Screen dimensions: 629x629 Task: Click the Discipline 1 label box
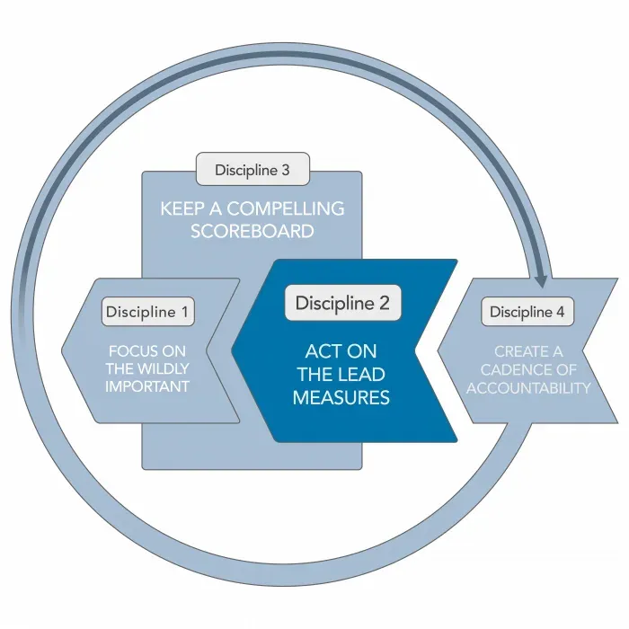pos(148,312)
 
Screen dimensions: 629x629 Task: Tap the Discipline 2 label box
pos(343,303)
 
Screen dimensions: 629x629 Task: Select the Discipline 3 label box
pos(252,169)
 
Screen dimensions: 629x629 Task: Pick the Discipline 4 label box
pos(527,312)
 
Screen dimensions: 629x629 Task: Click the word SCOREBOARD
pos(252,231)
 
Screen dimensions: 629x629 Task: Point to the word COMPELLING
pos(286,208)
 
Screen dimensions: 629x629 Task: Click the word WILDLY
pos(164,368)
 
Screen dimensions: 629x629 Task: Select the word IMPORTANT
pos(147,386)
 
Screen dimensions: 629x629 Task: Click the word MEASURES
pos(341,397)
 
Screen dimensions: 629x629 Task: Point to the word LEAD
pos(363,375)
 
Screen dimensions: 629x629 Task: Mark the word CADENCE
pos(517,369)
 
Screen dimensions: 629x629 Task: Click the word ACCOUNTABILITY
pos(528,388)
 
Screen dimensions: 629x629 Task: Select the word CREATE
pos(518,352)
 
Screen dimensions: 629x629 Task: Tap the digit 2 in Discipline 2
pos(384,303)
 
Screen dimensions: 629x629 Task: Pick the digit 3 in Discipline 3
pos(285,170)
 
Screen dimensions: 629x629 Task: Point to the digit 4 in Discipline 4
pos(560,312)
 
